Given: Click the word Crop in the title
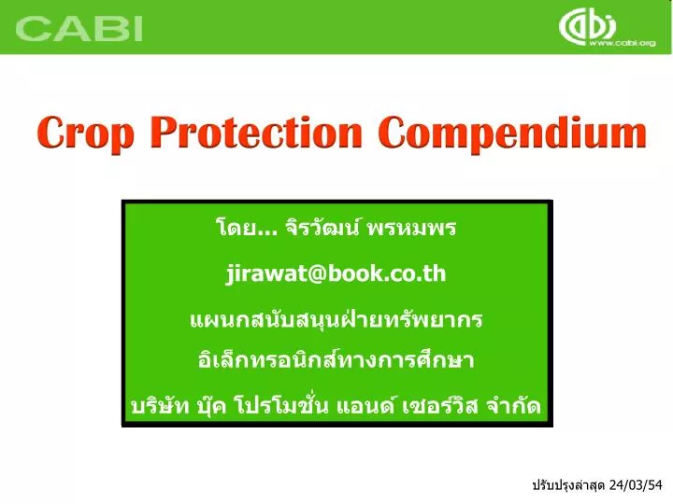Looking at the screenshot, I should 87,133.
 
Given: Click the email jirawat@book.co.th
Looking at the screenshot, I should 336,273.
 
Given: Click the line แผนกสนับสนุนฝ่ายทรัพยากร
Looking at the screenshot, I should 336,319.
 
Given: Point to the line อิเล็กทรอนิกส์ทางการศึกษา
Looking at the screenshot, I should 336,360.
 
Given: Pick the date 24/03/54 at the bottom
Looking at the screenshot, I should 635,485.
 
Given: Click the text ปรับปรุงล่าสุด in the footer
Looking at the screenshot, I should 567,485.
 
